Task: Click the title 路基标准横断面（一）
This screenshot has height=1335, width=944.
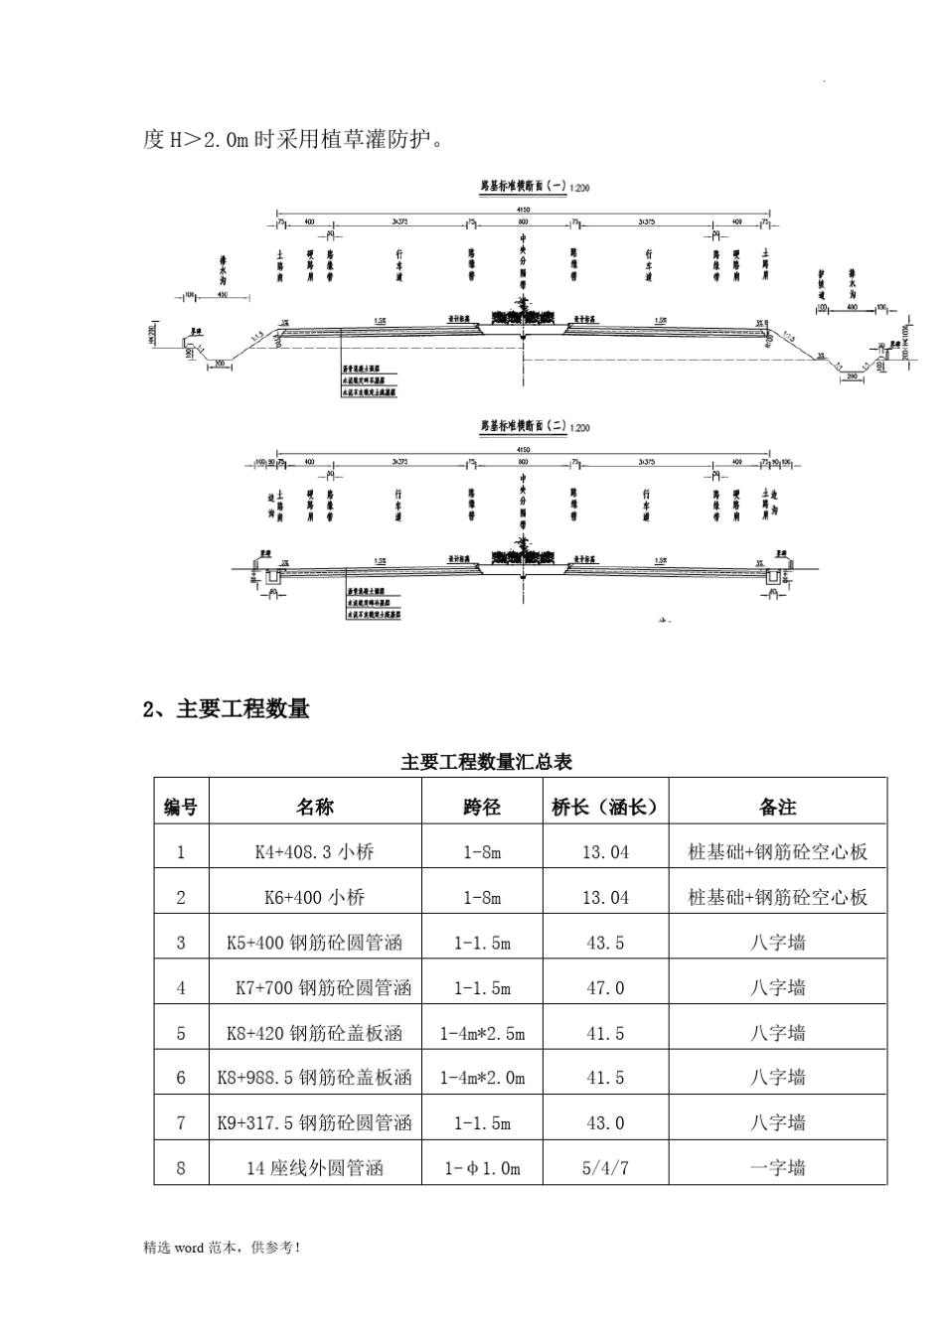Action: [x=524, y=187]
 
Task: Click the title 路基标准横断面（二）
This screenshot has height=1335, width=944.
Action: [x=524, y=426]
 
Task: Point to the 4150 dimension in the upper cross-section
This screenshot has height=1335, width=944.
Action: [x=523, y=210]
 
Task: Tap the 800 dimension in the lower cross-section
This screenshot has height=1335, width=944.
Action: [x=523, y=463]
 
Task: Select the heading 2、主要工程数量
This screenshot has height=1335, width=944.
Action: [x=227, y=708]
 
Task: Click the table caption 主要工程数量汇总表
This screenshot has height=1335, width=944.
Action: [x=486, y=762]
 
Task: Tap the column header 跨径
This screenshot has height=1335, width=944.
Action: [x=482, y=808]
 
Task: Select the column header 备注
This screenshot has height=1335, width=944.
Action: [x=777, y=808]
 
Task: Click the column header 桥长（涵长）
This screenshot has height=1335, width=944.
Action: [x=605, y=808]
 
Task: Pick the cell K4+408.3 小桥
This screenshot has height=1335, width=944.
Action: [x=314, y=852]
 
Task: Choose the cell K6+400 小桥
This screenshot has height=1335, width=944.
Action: [x=314, y=897]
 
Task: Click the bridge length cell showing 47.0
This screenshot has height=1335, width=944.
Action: [x=605, y=987]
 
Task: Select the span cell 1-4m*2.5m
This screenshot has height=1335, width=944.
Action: [x=482, y=1033]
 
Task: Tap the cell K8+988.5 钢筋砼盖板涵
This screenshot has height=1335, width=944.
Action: [x=314, y=1078]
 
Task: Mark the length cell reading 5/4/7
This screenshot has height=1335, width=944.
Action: [x=605, y=1168]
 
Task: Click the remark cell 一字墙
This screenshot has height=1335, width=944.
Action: [x=777, y=1168]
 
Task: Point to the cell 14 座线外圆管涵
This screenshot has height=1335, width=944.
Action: [x=314, y=1168]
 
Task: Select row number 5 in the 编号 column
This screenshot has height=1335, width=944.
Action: [x=181, y=1033]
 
